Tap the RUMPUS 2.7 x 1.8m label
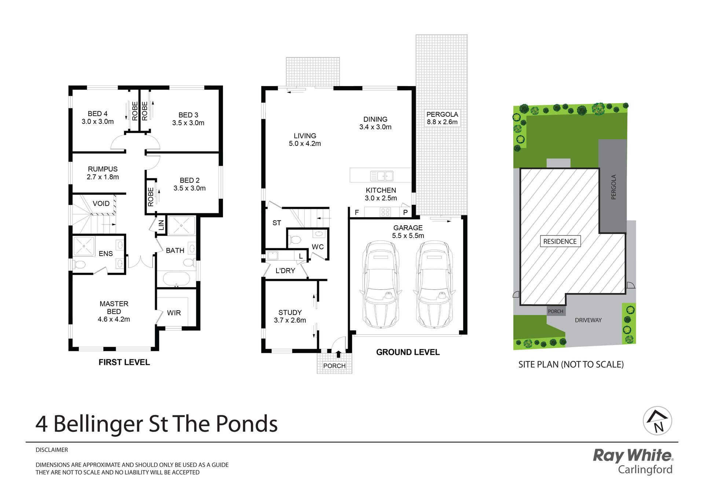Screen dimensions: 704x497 point(103,173)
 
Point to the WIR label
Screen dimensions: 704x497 point(174,313)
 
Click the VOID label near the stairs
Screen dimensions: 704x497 point(101,204)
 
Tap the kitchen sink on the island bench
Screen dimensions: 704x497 point(382,176)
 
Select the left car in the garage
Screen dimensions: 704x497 point(381,284)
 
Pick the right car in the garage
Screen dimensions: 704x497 point(434,284)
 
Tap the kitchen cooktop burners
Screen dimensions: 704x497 point(385,212)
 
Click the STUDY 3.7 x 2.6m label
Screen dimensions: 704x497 point(290,316)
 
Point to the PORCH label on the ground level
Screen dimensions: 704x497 point(334,366)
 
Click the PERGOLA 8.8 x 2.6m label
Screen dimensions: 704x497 point(442,118)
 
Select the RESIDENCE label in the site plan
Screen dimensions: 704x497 point(560,241)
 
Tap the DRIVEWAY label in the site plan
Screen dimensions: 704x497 point(588,320)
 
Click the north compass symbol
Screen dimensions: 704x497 point(657,421)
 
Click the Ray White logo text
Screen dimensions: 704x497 point(633,455)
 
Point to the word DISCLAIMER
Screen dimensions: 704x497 point(52,450)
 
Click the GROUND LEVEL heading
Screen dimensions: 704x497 point(408,352)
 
